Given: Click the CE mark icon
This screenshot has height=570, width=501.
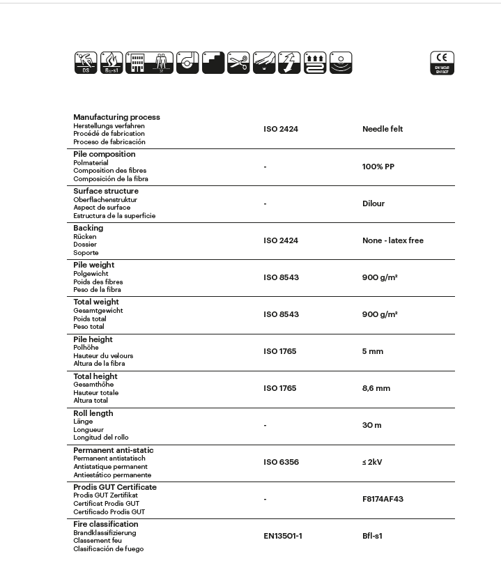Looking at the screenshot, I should click(x=442, y=63).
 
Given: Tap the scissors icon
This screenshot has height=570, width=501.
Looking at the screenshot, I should click(x=238, y=63).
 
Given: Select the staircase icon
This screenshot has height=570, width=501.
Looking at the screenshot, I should click(x=213, y=63).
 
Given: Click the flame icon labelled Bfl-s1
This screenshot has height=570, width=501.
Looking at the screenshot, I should click(x=111, y=63).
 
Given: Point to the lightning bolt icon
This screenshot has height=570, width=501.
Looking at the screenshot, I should click(x=289, y=63).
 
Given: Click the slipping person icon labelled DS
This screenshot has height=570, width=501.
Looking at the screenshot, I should click(x=86, y=63).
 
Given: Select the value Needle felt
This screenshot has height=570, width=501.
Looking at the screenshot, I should click(x=383, y=129).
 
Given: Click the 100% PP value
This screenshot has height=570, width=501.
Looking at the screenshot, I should click(x=378, y=167).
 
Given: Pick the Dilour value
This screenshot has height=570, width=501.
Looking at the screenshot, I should click(x=373, y=203).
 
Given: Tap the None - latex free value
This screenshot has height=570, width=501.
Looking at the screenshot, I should click(x=393, y=240).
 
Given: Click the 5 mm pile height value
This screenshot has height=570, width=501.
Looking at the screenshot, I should click(x=373, y=351).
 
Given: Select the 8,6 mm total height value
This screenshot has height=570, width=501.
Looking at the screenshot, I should click(x=376, y=388).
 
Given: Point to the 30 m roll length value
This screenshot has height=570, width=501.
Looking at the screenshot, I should click(x=372, y=425).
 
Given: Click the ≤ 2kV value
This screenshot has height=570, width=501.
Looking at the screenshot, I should click(x=372, y=462).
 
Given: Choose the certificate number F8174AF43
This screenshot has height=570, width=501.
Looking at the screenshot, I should click(x=383, y=499).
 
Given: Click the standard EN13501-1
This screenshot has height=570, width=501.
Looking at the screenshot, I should click(x=283, y=536).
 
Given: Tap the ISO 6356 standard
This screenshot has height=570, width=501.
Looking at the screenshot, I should click(x=281, y=462).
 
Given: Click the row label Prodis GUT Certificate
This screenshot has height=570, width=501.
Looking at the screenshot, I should click(x=115, y=487).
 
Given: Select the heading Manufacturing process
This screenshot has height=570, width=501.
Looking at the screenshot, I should click(x=116, y=117).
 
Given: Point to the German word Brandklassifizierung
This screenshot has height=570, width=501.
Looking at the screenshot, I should click(x=105, y=533).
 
